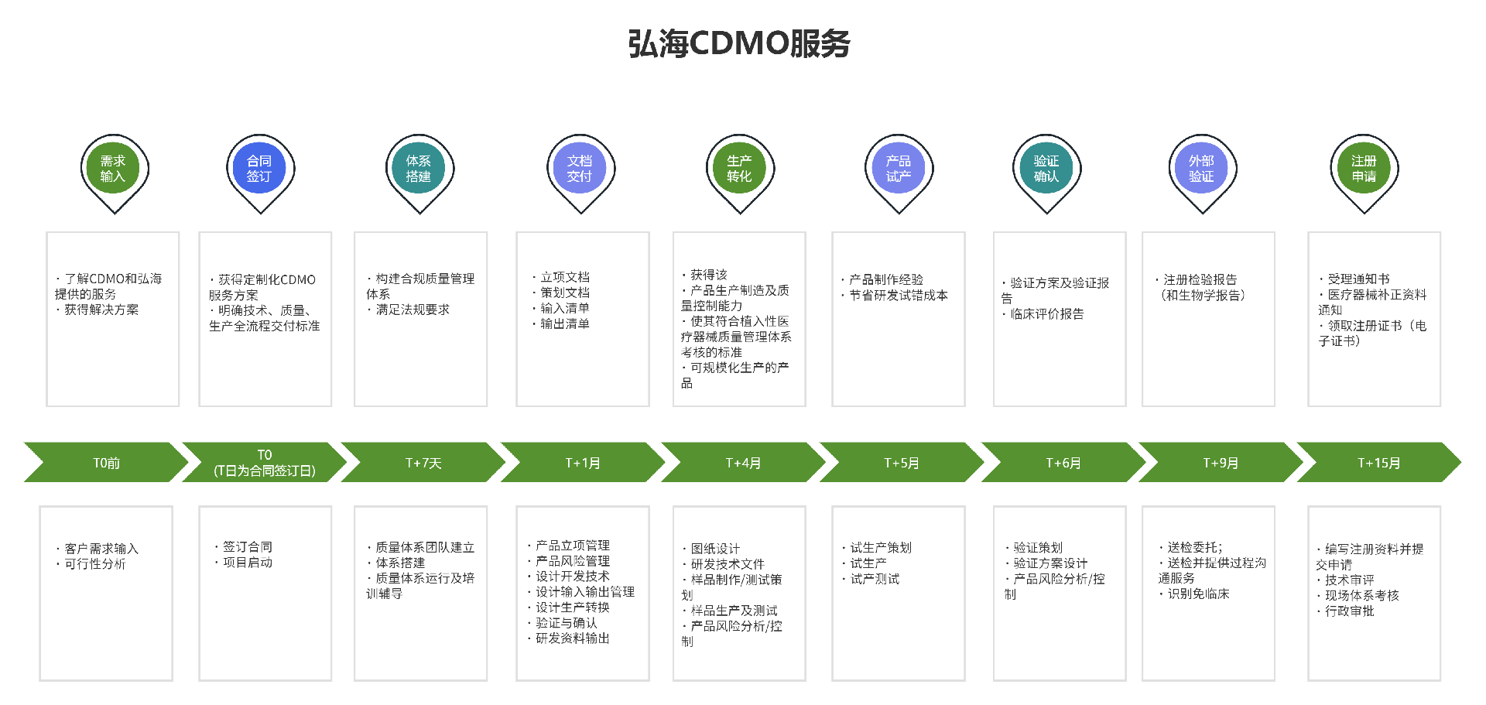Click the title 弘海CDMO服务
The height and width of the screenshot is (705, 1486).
(x=739, y=44)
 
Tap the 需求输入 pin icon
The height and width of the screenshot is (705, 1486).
(x=113, y=169)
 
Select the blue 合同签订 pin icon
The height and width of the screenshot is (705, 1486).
(x=259, y=169)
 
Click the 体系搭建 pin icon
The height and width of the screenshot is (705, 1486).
(x=419, y=169)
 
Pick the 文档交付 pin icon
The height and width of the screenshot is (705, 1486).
(x=579, y=169)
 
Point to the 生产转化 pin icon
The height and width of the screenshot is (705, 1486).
(x=739, y=169)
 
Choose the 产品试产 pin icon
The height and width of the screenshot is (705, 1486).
(x=899, y=169)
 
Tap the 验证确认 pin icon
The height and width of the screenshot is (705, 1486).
(x=1046, y=169)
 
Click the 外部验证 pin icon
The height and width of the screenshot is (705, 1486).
(x=1201, y=169)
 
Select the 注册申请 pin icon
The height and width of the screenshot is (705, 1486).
(x=1364, y=169)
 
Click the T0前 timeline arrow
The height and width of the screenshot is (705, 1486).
(x=107, y=463)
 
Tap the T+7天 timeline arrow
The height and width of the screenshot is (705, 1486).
(x=423, y=463)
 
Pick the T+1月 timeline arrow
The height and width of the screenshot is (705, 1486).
(x=583, y=463)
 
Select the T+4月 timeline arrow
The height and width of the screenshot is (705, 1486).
(x=743, y=463)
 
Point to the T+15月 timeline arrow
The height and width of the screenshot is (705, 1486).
(x=1379, y=463)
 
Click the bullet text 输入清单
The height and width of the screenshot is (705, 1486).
(x=565, y=308)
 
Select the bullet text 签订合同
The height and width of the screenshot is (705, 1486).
(x=248, y=547)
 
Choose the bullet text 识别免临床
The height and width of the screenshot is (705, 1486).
(x=1198, y=594)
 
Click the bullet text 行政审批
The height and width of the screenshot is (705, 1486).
(x=1350, y=611)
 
